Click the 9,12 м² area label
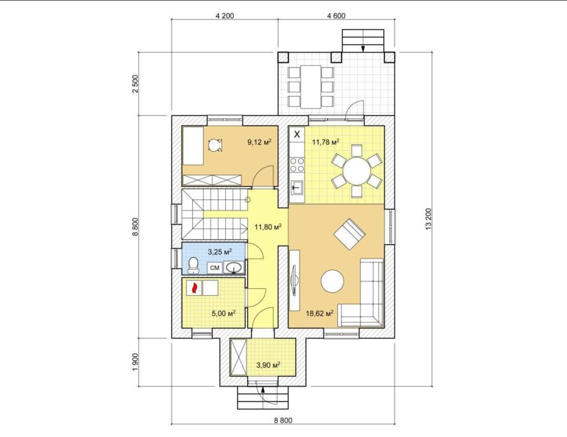click(259, 142)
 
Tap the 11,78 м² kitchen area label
click(326, 142)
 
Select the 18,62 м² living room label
click(319, 314)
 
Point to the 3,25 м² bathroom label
click(220, 252)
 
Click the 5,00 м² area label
click(224, 313)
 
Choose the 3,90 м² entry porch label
click(269, 365)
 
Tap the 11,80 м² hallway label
click(268, 227)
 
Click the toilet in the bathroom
click(194, 265)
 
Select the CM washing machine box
click(215, 268)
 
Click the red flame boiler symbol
click(194, 288)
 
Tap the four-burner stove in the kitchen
click(297, 164)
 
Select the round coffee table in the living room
click(332, 282)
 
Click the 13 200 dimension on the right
click(429, 219)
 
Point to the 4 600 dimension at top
click(336, 16)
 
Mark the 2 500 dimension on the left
click(135, 84)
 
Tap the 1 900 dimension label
click(135, 362)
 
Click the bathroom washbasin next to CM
click(234, 268)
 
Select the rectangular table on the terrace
click(311, 87)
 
